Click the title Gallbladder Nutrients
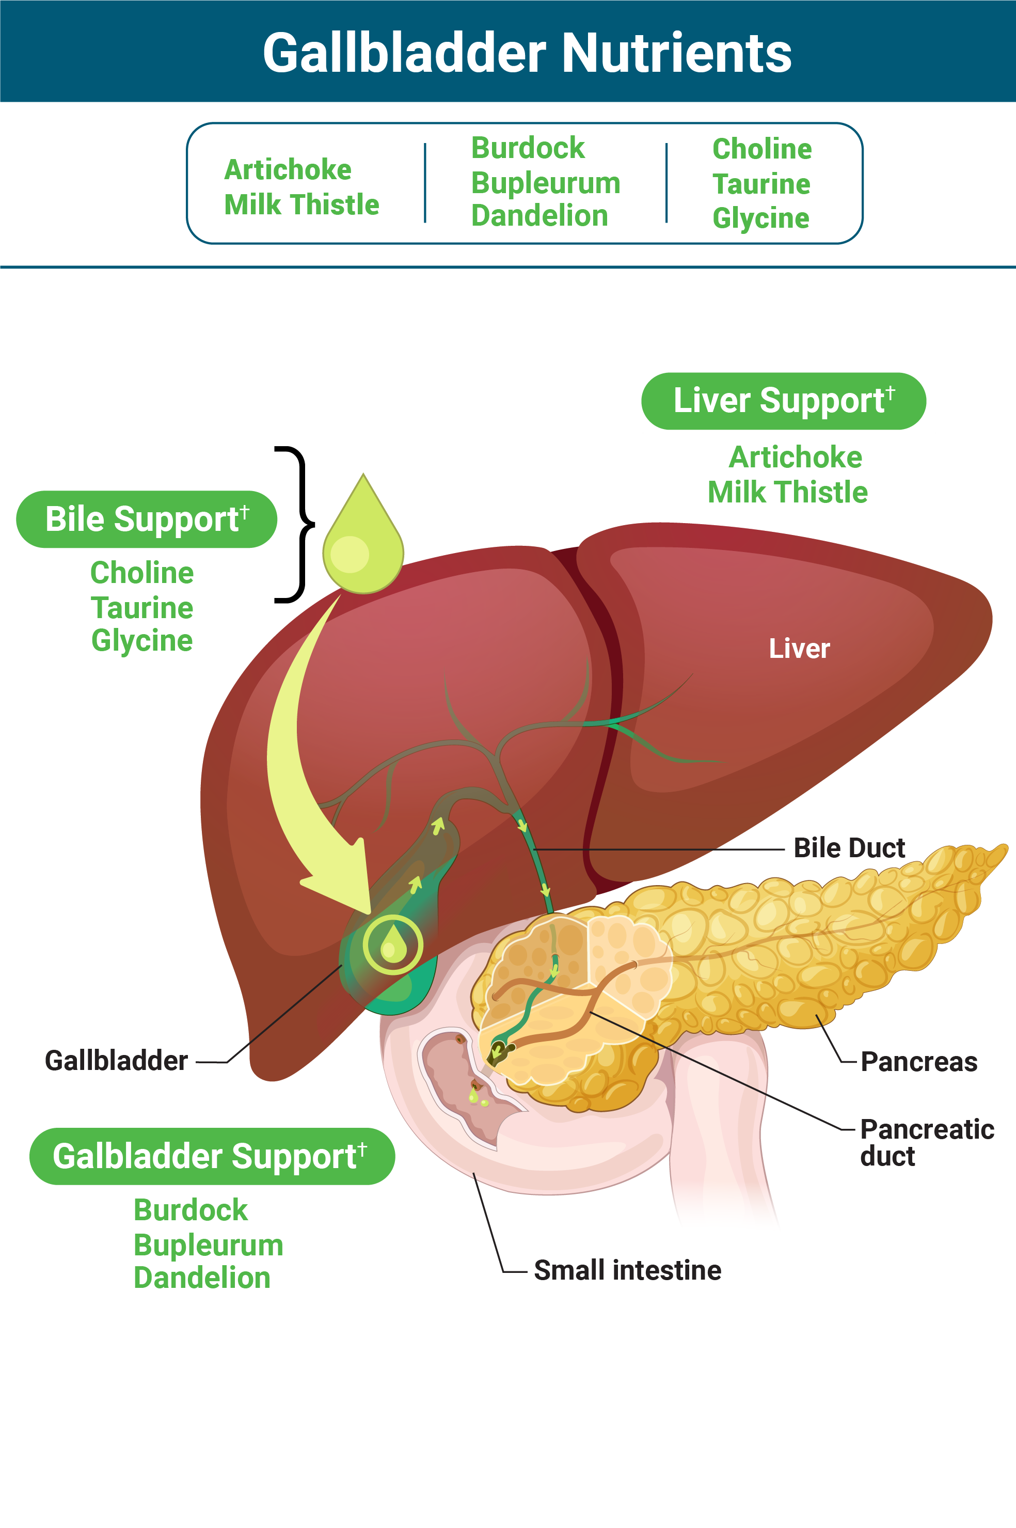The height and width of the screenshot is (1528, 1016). (x=527, y=53)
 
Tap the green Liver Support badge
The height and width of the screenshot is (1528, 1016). (x=783, y=401)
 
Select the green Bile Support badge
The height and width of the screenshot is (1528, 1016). (x=147, y=519)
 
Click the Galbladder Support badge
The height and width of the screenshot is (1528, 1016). (x=211, y=1157)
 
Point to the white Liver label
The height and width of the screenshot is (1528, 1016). (x=799, y=649)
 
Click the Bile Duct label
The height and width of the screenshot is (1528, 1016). (x=849, y=848)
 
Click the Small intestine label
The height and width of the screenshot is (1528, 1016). (x=627, y=1271)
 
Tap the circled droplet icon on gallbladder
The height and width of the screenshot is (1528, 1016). (x=393, y=945)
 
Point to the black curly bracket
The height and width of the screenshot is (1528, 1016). (x=295, y=524)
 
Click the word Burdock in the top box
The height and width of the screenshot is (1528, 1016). (x=528, y=148)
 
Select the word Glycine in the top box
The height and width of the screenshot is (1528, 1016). (x=760, y=218)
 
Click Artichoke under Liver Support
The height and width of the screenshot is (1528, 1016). (x=795, y=458)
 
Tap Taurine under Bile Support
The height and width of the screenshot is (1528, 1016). (x=142, y=608)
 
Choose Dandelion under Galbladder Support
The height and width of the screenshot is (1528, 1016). (x=201, y=1279)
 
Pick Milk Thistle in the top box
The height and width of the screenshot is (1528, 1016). (x=301, y=205)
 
